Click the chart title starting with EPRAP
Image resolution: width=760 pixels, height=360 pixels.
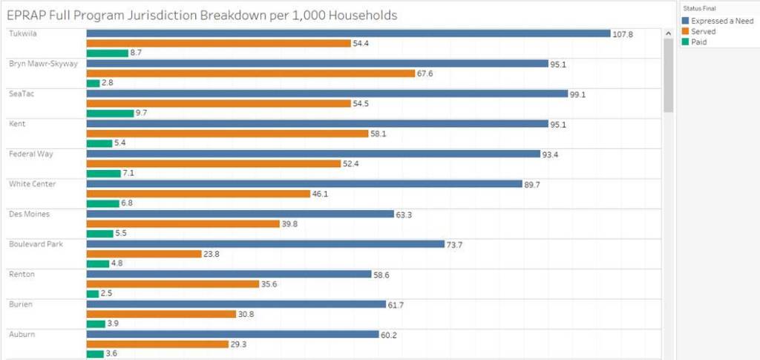tap(201, 15)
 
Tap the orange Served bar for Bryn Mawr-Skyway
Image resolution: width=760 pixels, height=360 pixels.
tap(250, 73)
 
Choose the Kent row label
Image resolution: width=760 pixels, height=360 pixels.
tap(17, 123)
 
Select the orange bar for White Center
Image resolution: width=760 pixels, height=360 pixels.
tap(198, 194)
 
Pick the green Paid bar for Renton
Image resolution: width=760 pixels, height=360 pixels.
tap(93, 294)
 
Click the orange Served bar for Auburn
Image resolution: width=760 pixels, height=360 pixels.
tap(157, 344)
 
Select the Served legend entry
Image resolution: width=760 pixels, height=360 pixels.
tap(703, 32)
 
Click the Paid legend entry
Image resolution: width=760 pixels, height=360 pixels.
tap(699, 42)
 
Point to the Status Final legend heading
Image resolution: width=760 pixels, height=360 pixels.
tap(699, 8)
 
